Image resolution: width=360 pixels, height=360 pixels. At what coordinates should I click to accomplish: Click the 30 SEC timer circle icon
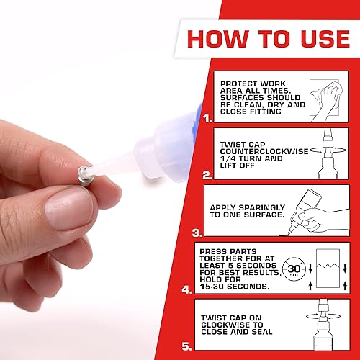coord(292,268)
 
